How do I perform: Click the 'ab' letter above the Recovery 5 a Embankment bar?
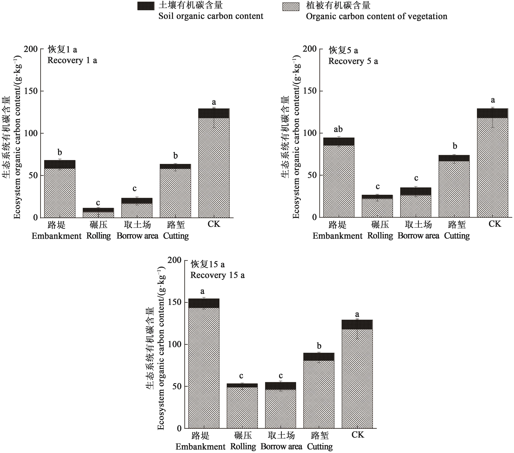338,129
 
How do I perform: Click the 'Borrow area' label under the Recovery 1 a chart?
137,236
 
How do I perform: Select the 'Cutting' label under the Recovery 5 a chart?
457,236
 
